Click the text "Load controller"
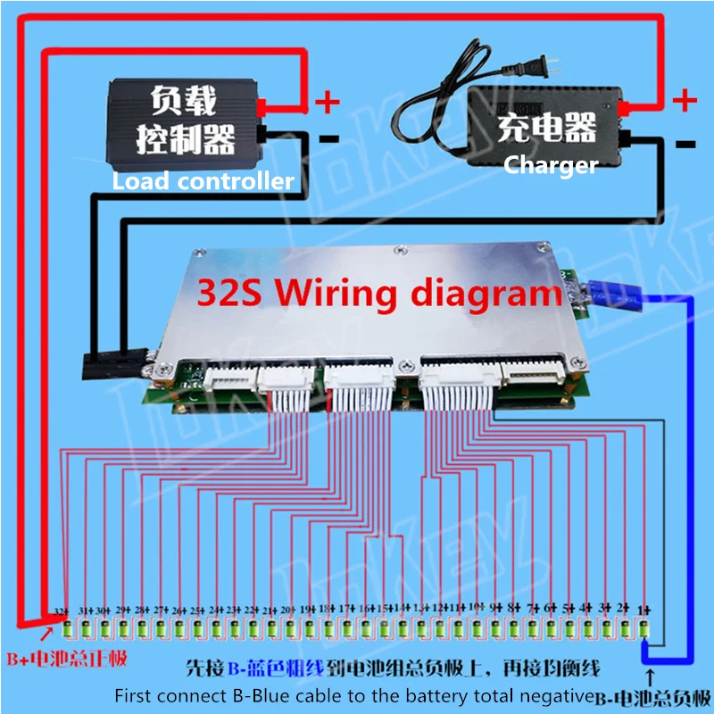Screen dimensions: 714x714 203,181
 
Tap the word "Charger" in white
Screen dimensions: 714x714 550,164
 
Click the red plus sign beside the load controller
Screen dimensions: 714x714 328,101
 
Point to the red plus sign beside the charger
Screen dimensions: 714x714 684,100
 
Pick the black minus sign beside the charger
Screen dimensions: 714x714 685,143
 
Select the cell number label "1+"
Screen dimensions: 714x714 645,610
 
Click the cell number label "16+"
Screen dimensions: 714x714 366,610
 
